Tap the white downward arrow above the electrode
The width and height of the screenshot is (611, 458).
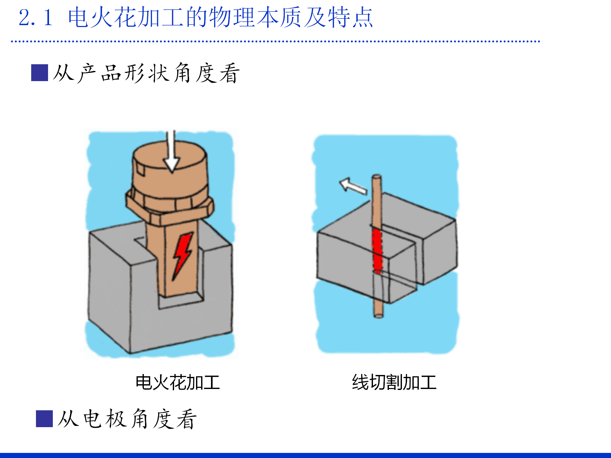[x=172, y=151]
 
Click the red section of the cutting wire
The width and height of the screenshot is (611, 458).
[x=377, y=250]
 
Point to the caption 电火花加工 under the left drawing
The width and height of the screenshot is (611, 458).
[x=178, y=382]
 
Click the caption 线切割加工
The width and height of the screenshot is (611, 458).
[x=394, y=382]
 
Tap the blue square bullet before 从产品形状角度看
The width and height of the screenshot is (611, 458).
[x=39, y=73]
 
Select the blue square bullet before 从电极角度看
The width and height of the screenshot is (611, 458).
[x=44, y=419]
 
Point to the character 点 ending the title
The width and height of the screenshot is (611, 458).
[x=362, y=17]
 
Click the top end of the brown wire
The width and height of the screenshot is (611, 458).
[x=377, y=176]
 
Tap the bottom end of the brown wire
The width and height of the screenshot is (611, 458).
[x=378, y=316]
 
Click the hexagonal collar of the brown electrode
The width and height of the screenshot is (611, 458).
[x=170, y=207]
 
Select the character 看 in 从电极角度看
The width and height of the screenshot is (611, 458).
[x=186, y=419]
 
